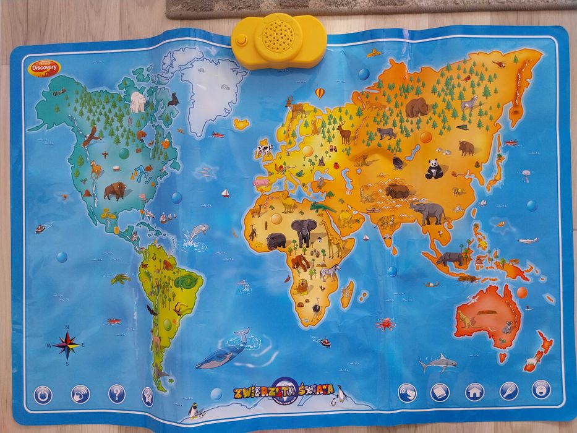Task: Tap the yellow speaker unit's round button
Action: (241, 39)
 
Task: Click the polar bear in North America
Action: (138, 101)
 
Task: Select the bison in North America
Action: (114, 190)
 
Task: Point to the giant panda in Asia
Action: (434, 169)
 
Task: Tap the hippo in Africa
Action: (276, 241)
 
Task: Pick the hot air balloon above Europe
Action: (320, 93)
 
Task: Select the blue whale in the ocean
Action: (224, 352)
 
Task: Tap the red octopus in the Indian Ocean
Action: (385, 324)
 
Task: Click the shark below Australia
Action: (438, 362)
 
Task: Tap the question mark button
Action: (116, 393)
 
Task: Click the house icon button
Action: (474, 391)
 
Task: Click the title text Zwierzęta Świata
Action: (284, 391)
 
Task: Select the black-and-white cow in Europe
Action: (265, 149)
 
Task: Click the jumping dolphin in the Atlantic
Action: (198, 233)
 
